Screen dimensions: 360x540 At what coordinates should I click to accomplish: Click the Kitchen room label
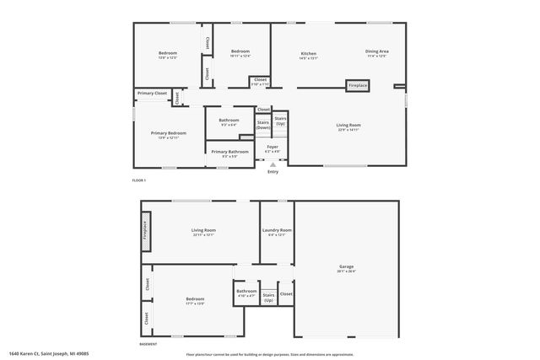pyautogui.click(x=308, y=52)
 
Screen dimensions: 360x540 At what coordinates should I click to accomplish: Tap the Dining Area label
pyautogui.click(x=376, y=51)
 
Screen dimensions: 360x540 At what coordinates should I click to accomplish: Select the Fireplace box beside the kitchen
pyautogui.click(x=358, y=85)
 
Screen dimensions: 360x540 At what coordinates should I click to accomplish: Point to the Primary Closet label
pyautogui.click(x=153, y=93)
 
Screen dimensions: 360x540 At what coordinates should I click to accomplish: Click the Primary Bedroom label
pyautogui.click(x=168, y=133)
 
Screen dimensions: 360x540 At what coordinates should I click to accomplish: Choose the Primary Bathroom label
pyautogui.click(x=229, y=152)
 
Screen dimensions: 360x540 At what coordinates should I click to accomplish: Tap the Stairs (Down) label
pyautogui.click(x=263, y=124)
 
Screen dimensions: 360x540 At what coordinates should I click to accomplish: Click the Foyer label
pyautogui.click(x=273, y=148)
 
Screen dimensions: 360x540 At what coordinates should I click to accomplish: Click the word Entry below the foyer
pyautogui.click(x=273, y=172)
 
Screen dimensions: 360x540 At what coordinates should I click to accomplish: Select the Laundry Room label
pyautogui.click(x=277, y=230)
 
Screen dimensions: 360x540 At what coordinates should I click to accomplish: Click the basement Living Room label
pyautogui.click(x=203, y=230)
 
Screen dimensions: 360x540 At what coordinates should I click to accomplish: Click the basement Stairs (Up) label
pyautogui.click(x=268, y=298)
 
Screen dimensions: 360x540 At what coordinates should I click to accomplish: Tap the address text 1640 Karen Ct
pyautogui.click(x=47, y=354)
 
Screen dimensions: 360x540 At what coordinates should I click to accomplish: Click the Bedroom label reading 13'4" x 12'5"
pyautogui.click(x=168, y=54)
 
